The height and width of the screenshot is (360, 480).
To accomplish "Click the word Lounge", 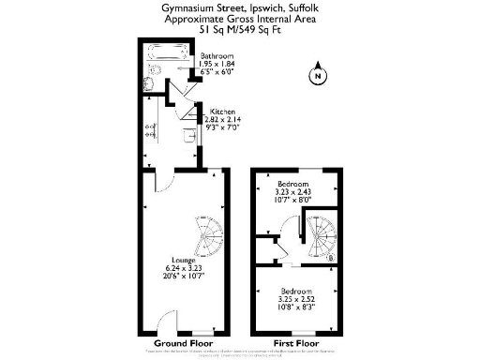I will (x=184, y=259).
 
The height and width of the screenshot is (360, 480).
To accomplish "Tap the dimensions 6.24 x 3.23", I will (x=184, y=267).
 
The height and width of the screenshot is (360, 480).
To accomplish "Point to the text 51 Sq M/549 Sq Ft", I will (x=239, y=29).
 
